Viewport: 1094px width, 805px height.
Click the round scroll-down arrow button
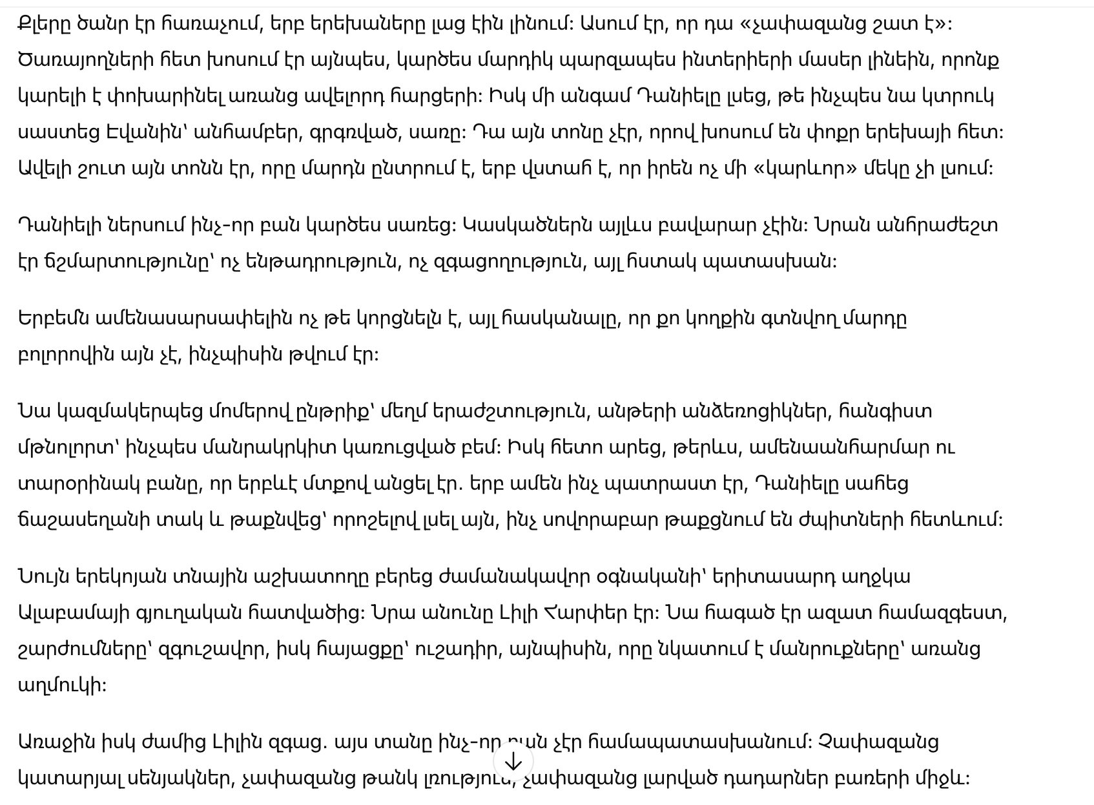[513, 762]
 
